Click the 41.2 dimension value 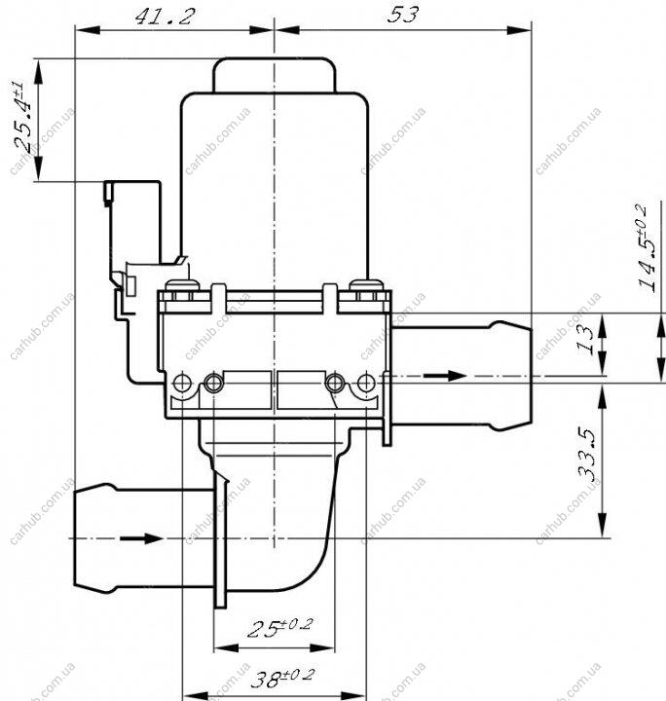tap(165, 17)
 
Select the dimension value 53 tap(403, 15)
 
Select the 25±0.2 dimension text tap(280, 627)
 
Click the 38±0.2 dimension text tap(282, 678)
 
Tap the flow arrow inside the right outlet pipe tap(445, 376)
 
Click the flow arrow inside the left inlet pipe tap(141, 537)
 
